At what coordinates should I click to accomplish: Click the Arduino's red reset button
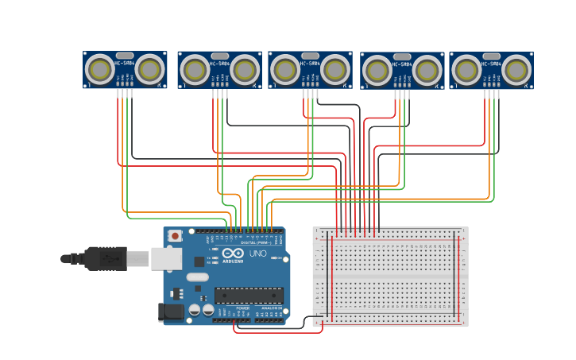(175, 235)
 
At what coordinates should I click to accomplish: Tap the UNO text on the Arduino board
(258, 254)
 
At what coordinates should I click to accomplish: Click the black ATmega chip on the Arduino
(249, 295)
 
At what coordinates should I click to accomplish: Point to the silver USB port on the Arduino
(166, 258)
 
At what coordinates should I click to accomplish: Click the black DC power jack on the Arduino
(171, 312)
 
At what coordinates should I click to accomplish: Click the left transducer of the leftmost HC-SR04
(100, 70)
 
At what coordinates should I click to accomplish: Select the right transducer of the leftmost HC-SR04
(149, 70)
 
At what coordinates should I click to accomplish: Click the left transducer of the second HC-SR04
(195, 71)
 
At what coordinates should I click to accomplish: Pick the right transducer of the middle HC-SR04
(334, 70)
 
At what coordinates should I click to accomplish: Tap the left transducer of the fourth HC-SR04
(377, 72)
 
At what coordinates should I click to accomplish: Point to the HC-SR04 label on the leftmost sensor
(125, 64)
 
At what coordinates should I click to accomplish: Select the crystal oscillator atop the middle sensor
(310, 56)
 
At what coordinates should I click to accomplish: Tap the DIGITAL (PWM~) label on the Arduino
(255, 242)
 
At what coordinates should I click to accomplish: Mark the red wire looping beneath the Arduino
(278, 332)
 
